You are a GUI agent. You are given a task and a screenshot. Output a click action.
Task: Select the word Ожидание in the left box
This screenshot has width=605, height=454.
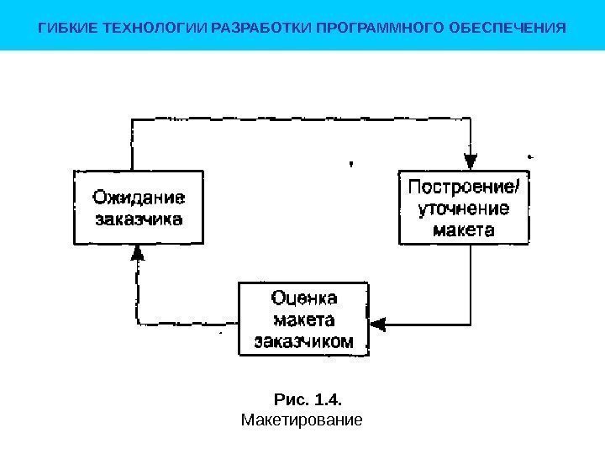click(x=139, y=199)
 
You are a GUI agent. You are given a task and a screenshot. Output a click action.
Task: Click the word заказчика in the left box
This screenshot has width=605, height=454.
click(x=139, y=220)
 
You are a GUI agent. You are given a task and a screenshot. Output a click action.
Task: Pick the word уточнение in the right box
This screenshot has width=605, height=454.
click(x=464, y=208)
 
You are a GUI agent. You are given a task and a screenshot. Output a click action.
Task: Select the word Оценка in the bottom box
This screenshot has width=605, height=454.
click(x=304, y=298)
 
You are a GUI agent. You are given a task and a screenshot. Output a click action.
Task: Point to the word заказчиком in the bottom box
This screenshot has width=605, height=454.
click(x=304, y=341)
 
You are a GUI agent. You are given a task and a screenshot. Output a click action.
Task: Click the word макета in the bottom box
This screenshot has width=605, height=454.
click(x=304, y=320)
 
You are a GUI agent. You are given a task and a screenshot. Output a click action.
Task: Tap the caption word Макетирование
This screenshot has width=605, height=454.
click(x=301, y=418)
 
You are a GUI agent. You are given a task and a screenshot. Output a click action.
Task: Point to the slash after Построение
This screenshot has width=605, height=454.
click(x=515, y=187)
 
